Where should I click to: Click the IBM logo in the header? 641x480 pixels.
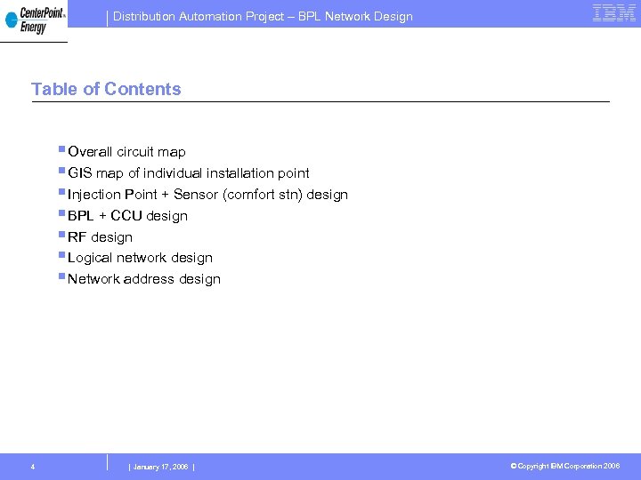click(x=614, y=13)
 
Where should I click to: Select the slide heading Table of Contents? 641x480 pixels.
click(x=106, y=89)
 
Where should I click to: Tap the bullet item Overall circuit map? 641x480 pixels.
click(x=126, y=152)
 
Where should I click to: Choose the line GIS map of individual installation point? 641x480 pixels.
click(x=189, y=173)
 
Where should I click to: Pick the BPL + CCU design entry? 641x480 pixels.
click(x=127, y=216)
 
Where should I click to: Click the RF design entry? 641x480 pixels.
click(x=100, y=237)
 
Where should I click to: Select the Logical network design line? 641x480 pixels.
click(x=140, y=258)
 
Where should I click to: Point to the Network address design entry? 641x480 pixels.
click(x=143, y=279)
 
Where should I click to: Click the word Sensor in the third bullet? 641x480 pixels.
click(x=196, y=195)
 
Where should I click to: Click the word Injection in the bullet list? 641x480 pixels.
click(x=93, y=195)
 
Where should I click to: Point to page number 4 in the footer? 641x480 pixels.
click(x=32, y=467)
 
